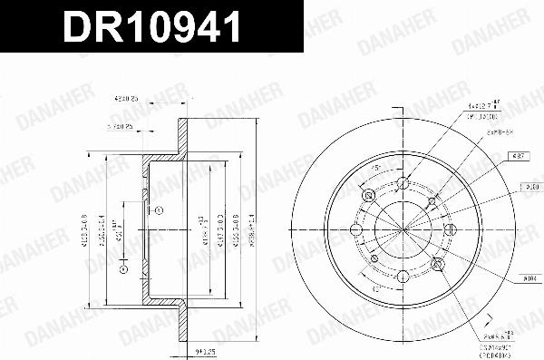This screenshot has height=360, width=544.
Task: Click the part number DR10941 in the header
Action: click(151, 28)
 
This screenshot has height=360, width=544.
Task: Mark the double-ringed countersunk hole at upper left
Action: click(368, 196)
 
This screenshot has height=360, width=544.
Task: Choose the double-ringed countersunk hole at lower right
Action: click(439, 264)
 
